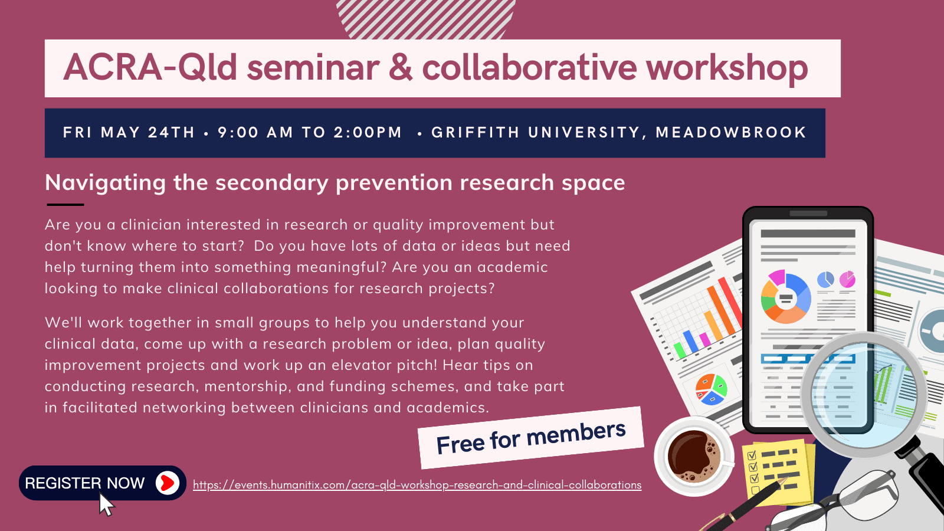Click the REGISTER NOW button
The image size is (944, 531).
coord(103,483)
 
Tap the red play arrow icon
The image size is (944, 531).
coord(168,483)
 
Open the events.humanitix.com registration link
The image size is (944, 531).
coord(417,485)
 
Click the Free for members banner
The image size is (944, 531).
coord(531,438)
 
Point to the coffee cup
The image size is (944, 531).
coord(694,456)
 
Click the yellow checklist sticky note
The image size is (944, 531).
coord(778,472)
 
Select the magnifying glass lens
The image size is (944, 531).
coord(864,395)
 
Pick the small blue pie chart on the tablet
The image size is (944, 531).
coord(825,280)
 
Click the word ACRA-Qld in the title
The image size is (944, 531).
coord(150,67)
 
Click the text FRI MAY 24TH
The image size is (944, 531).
coord(129,132)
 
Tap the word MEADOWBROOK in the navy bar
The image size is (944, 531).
coord(731,132)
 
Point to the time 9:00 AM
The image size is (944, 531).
coord(255,132)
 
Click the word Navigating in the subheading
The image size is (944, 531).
coord(106,183)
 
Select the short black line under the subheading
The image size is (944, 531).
coord(65,205)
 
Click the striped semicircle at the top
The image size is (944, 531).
coord(425,19)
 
